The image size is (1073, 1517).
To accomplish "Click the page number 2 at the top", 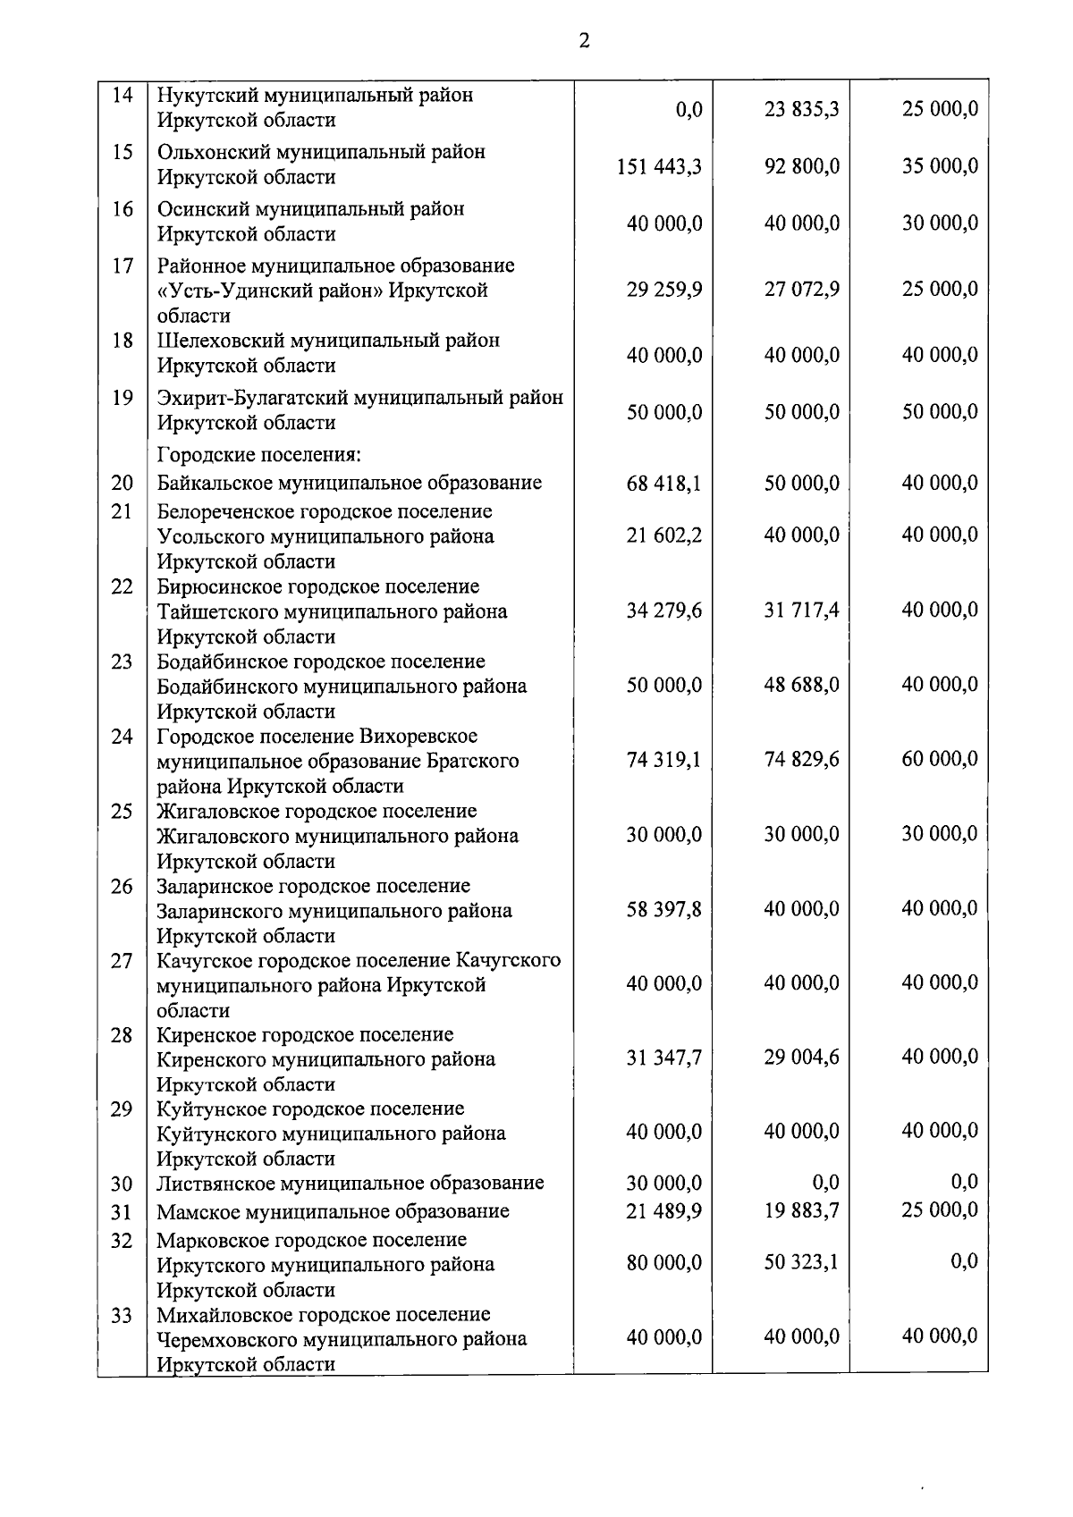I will (x=584, y=41).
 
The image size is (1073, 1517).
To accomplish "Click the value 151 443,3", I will (x=659, y=166).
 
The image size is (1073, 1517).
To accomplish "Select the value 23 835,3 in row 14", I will (x=801, y=110).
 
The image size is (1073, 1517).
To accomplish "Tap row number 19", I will (x=123, y=398).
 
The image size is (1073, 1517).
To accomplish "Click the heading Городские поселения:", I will (x=259, y=455).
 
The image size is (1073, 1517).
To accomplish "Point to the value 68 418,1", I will (x=663, y=484).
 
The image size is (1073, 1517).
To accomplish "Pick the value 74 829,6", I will (x=801, y=760).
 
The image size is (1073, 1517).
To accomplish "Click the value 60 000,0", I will (x=939, y=759).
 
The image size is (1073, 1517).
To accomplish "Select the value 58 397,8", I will (x=663, y=909).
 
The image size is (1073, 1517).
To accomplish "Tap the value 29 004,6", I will (x=801, y=1058).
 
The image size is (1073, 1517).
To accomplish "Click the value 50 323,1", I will (x=801, y=1263).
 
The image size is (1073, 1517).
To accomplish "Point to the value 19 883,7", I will (x=801, y=1211).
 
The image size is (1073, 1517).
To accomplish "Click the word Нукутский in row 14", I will (x=202, y=95).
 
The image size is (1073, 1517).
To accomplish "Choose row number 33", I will (x=123, y=1315).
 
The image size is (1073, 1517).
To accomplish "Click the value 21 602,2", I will (x=663, y=535).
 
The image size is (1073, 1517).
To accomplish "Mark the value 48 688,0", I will (x=801, y=685).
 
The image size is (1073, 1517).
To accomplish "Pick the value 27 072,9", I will (x=801, y=290).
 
